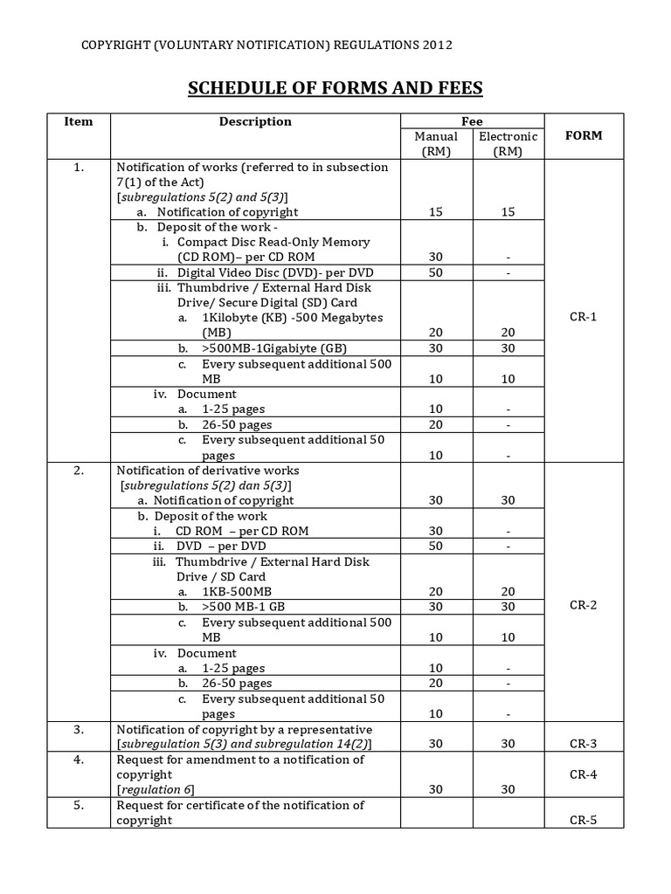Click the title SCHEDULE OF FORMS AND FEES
click(x=335, y=89)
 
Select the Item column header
click(x=79, y=121)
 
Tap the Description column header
click(x=255, y=121)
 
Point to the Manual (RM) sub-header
click(x=436, y=143)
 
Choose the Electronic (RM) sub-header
click(x=508, y=143)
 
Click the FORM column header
click(x=584, y=135)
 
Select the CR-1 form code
click(x=584, y=317)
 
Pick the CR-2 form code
click(x=584, y=605)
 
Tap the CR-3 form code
click(x=584, y=744)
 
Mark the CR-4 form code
click(x=584, y=774)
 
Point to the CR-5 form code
click(x=584, y=820)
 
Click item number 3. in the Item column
click(x=79, y=729)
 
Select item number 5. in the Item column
click(x=79, y=805)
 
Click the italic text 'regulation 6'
click(x=156, y=789)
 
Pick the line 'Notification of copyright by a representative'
click(x=245, y=729)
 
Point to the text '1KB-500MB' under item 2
click(x=236, y=592)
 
